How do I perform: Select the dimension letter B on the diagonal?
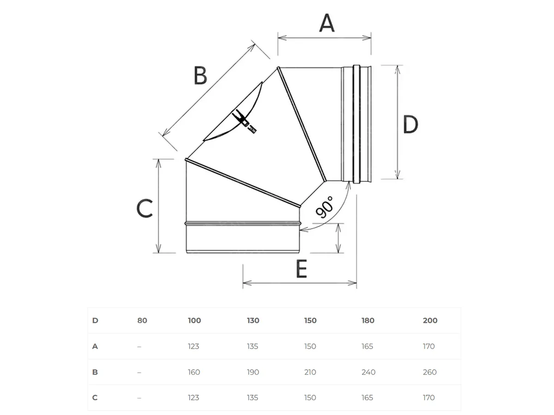[x=200, y=76]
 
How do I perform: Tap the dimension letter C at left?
[x=145, y=208]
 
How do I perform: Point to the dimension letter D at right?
[x=410, y=125]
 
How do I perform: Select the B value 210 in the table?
[x=310, y=372]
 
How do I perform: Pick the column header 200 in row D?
[x=430, y=320]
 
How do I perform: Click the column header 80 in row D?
[x=142, y=320]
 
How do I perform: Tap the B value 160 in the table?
[x=194, y=372]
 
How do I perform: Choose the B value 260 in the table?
[x=429, y=372]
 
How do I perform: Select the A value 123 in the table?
[x=193, y=346]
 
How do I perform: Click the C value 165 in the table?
[x=367, y=397]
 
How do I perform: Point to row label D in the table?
[x=95, y=320]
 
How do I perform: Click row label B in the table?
[x=95, y=372]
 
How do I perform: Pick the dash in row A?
[x=139, y=346]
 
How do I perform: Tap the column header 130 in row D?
[x=253, y=320]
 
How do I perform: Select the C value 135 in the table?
[x=253, y=397]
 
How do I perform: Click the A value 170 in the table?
[x=428, y=346]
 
